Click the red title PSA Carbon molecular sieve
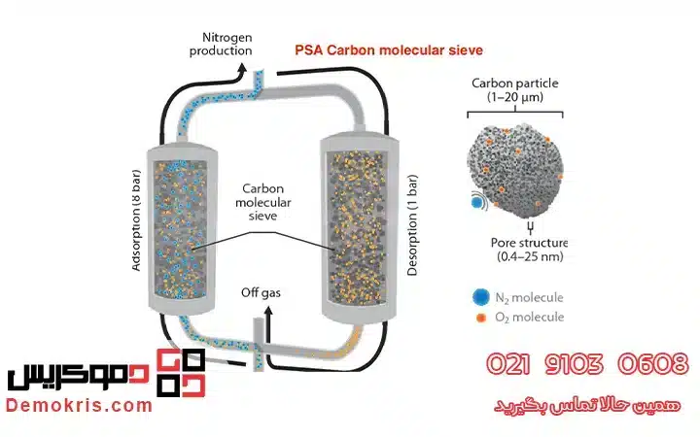click(x=388, y=50)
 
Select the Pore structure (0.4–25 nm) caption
click(x=530, y=250)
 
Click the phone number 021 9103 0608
click(x=587, y=365)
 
